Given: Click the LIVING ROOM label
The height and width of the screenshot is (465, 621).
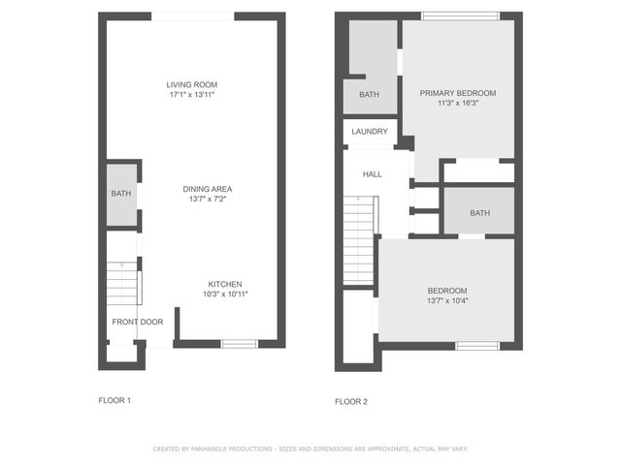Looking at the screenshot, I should [x=190, y=85].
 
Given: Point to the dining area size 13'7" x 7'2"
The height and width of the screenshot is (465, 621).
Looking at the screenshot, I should [x=211, y=200].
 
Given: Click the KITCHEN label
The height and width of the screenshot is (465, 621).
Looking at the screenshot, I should [x=225, y=284].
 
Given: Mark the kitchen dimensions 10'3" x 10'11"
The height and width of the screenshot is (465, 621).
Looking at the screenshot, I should [x=225, y=294].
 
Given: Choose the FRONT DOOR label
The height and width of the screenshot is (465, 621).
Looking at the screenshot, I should [x=137, y=322].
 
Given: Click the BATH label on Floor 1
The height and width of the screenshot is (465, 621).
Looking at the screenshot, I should [x=120, y=194].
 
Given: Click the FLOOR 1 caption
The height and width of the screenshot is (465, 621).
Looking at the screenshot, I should [x=114, y=400].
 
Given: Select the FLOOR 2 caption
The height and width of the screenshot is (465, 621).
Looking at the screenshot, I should [x=351, y=401].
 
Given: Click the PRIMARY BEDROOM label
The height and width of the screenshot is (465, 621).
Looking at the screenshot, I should [x=457, y=93].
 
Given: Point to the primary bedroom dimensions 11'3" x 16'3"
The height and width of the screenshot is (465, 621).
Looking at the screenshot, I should [x=457, y=104].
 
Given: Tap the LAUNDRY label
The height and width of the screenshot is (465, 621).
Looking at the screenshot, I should [x=370, y=132].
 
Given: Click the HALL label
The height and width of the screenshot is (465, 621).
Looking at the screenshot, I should [x=372, y=174].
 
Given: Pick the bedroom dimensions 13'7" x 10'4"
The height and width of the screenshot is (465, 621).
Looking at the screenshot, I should [x=447, y=301].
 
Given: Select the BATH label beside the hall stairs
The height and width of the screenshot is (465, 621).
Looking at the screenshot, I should [x=479, y=213].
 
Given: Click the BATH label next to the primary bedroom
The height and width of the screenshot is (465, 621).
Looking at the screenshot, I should [x=369, y=95].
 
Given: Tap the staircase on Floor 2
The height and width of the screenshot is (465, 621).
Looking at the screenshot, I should [x=358, y=238].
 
